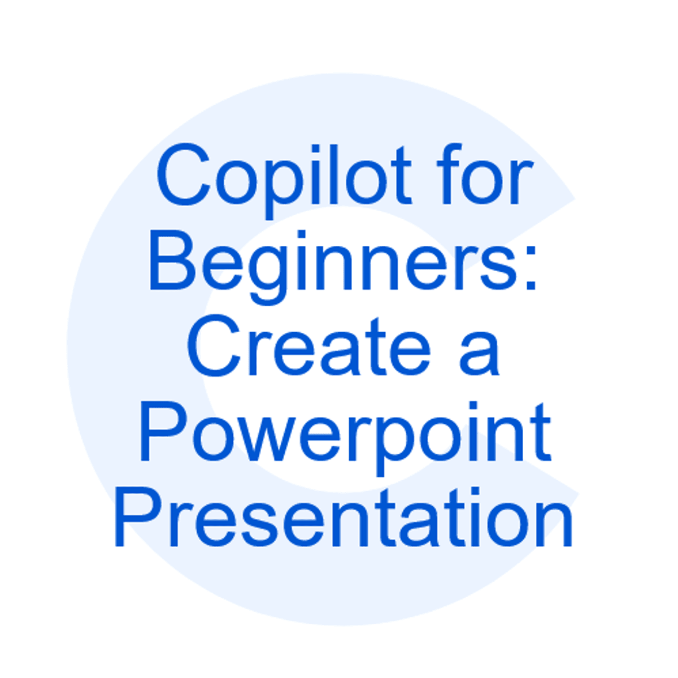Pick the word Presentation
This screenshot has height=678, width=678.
coord(344,519)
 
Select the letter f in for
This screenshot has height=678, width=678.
coord(445,174)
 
